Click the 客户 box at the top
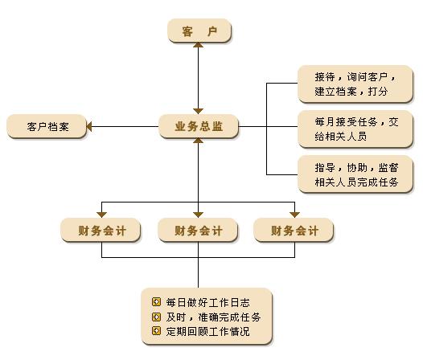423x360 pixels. [x=199, y=31]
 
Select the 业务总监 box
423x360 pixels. [x=199, y=126]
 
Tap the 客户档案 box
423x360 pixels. [x=47, y=126]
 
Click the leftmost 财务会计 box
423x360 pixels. [x=101, y=230]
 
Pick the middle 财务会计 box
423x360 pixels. [x=198, y=230]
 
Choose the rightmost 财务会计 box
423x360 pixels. [x=294, y=230]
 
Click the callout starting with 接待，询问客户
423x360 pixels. [x=355, y=84]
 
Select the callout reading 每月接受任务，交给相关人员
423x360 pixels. [x=355, y=129]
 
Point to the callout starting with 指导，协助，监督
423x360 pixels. [x=355, y=174]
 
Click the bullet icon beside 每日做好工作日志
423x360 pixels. [x=157, y=302]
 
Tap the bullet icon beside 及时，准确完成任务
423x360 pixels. [x=157, y=317]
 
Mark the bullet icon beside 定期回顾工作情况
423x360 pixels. [x=157, y=331]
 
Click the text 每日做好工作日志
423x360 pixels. [x=207, y=303]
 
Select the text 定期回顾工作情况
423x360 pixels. [x=207, y=331]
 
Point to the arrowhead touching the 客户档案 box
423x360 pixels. [x=89, y=126]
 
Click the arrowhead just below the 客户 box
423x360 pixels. [x=199, y=45]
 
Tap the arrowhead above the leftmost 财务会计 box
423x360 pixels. [x=101, y=215]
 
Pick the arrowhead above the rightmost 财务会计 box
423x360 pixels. [x=294, y=215]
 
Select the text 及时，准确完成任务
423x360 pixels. [x=213, y=317]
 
